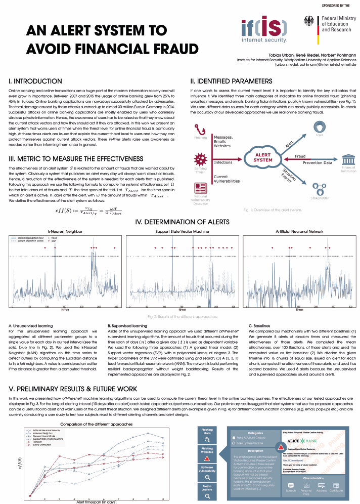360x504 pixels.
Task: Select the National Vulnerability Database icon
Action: (201, 187)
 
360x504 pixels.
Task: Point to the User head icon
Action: (319, 125)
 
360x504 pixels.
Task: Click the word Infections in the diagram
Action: (223, 162)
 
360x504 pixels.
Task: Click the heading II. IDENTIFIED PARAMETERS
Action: (232, 81)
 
